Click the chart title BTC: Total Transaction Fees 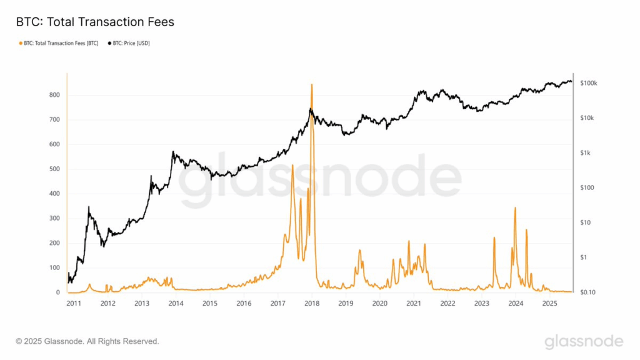pos(94,22)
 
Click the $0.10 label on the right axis pos(588,292)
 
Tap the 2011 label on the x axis pos(74,304)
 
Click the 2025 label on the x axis pos(549,304)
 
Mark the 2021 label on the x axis pos(413,304)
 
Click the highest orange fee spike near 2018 pos(311,85)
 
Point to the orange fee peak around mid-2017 pos(292,166)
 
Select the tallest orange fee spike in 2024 pos(515,208)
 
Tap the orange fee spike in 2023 pos(494,238)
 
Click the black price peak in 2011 pos(89,207)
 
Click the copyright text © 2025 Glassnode pos(87,341)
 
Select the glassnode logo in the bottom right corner pos(583,341)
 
